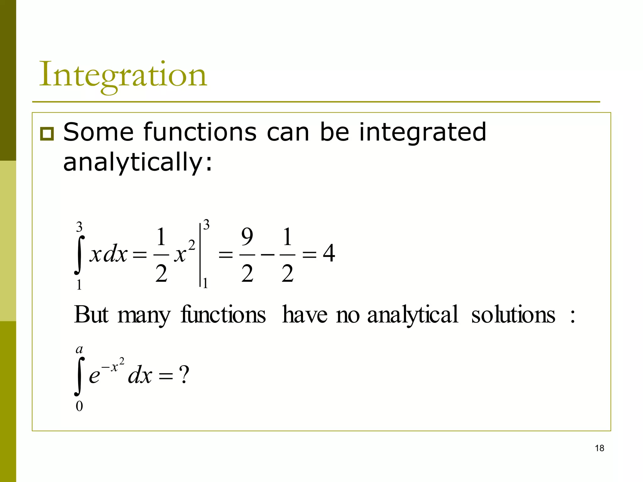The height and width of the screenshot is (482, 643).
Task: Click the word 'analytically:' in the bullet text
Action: pos(138,162)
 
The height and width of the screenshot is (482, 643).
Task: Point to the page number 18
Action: pos(599,448)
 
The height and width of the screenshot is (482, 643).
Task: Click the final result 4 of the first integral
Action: pos(329,253)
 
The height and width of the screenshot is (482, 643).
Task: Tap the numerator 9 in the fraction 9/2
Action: pos(247,237)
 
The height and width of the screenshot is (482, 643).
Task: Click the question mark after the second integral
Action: pos(184,375)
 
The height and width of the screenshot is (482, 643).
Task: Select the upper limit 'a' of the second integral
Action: pos(79,349)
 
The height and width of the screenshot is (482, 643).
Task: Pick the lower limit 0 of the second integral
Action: pos(79,406)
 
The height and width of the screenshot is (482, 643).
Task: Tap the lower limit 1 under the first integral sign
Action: pos(79,285)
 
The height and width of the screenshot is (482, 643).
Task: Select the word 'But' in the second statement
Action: pos(91,314)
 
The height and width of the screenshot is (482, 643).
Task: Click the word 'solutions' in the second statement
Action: pos(513,314)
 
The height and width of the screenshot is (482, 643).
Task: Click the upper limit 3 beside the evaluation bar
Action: pos(206,225)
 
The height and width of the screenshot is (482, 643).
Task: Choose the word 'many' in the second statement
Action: pos(144,316)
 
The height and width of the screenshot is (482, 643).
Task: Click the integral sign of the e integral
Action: pos(79,377)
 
